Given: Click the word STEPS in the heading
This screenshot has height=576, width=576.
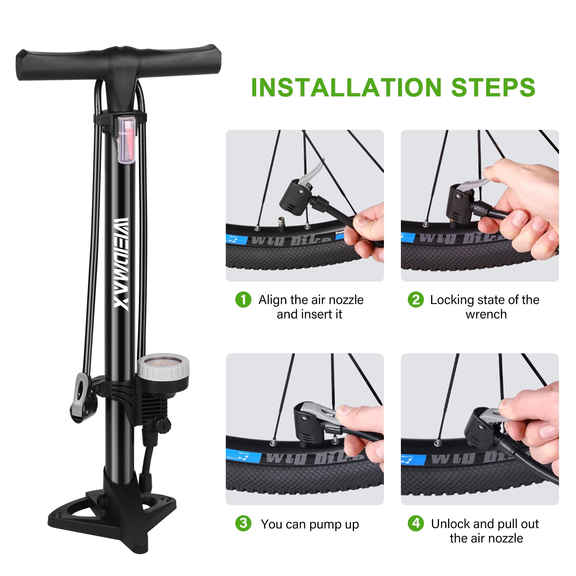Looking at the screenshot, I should tap(493, 87).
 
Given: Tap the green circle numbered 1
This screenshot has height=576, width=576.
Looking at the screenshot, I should tap(243, 300).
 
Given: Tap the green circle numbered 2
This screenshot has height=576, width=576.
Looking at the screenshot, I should tap(416, 300).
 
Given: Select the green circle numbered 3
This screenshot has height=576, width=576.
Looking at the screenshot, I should tap(243, 524).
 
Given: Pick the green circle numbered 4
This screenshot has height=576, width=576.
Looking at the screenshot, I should tap(416, 524).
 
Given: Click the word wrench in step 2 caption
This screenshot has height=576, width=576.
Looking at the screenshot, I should tap(486, 314).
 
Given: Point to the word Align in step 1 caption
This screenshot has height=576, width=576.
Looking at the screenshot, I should tap(272, 300).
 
